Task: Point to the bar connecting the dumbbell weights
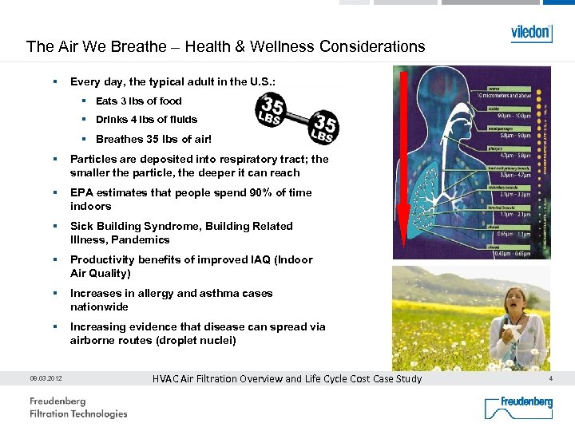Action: pyautogui.click(x=298, y=117)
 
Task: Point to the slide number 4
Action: pyautogui.click(x=550, y=378)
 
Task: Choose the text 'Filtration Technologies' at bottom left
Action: pyautogui.click(x=78, y=413)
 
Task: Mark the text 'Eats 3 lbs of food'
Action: pyautogui.click(x=138, y=101)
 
